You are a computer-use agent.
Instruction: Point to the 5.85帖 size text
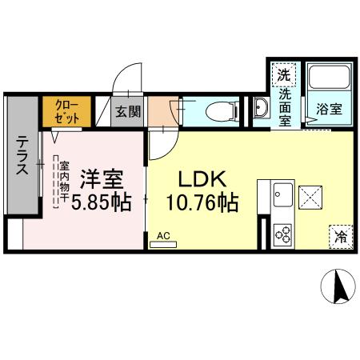pos(101,203)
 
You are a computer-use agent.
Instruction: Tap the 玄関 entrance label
pos(124,111)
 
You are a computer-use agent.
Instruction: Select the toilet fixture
pos(218,110)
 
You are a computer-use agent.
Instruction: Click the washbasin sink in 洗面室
pos(261,110)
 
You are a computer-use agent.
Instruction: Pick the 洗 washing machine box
pos(283,76)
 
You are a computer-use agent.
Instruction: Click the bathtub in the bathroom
pos(329,78)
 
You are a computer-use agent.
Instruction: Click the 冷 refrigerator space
pos(341,236)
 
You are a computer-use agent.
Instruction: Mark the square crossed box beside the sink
pos(310,195)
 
